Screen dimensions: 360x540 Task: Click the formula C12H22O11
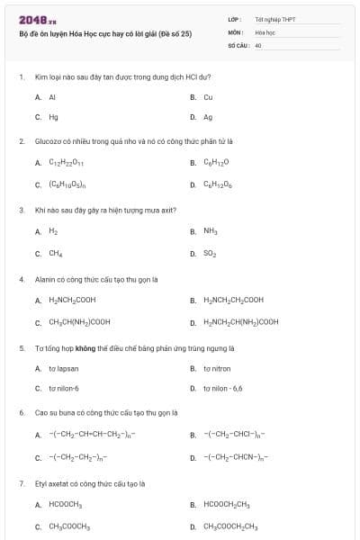click(67, 163)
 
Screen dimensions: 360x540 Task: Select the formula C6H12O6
click(217, 184)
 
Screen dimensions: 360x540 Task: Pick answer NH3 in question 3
click(211, 231)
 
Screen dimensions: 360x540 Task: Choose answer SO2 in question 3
click(211, 253)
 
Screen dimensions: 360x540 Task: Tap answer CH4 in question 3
click(55, 253)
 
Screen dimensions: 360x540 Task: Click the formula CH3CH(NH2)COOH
click(79, 321)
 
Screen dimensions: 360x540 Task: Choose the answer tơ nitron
click(217, 368)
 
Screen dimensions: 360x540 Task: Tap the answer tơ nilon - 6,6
click(223, 388)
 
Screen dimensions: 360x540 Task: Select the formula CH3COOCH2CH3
click(230, 526)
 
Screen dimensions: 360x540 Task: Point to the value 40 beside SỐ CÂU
click(258, 43)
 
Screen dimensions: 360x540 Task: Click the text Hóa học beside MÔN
click(264, 31)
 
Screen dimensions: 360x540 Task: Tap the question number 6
click(21, 412)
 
